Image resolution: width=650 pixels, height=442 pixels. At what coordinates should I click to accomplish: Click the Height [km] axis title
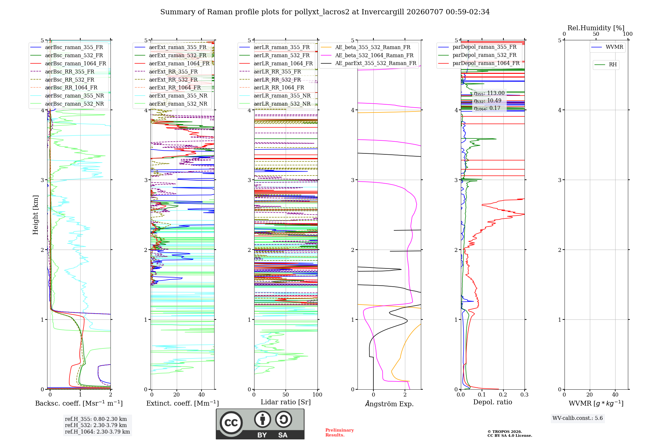click(35, 215)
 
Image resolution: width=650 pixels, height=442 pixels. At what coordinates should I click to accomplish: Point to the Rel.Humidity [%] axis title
click(596, 28)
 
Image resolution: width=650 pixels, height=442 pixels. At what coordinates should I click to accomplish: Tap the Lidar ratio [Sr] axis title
click(286, 402)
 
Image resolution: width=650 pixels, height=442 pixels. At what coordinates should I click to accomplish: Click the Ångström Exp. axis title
click(389, 404)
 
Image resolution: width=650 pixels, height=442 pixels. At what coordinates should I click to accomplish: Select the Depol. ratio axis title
click(493, 402)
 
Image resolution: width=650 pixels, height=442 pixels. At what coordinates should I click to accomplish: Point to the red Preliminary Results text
click(340, 433)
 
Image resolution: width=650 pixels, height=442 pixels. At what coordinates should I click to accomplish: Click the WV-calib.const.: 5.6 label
click(578, 418)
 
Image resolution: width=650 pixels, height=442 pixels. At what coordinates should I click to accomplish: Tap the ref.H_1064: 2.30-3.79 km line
click(97, 432)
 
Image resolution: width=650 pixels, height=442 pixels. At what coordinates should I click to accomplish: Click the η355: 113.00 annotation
click(489, 93)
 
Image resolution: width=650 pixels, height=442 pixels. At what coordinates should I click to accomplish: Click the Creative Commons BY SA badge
click(260, 424)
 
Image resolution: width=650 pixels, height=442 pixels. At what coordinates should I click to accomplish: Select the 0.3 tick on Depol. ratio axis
click(525, 395)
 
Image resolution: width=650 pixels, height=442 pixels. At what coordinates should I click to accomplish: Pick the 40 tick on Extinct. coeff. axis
click(201, 395)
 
